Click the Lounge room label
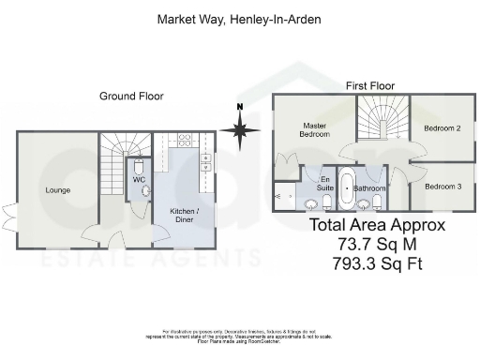tap(57, 190)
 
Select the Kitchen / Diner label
tap(183, 215)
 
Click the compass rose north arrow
tap(241, 129)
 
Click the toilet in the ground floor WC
tap(145, 190)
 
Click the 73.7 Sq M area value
tap(380, 245)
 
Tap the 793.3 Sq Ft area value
tap(380, 264)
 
